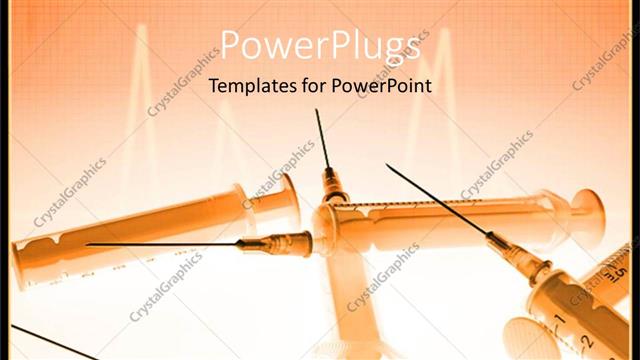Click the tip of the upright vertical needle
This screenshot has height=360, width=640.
(x=316, y=110)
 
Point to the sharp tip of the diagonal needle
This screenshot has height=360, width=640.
(x=387, y=165)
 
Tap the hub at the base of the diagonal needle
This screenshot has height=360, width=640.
(x=536, y=264)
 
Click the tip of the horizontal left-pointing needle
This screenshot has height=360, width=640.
(x=87, y=244)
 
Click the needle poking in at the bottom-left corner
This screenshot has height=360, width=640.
(x=40, y=339)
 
